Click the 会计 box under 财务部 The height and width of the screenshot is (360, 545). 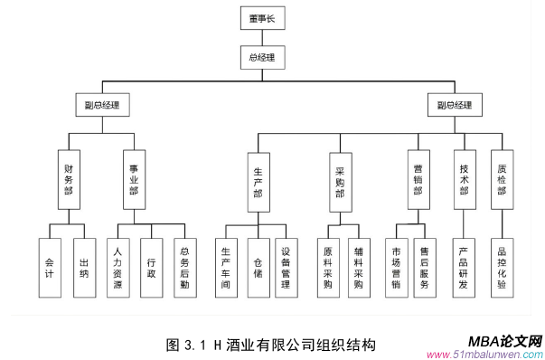click(x=49, y=267)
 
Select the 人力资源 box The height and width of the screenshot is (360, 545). click(x=117, y=267)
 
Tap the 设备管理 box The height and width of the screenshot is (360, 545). click(x=286, y=267)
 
